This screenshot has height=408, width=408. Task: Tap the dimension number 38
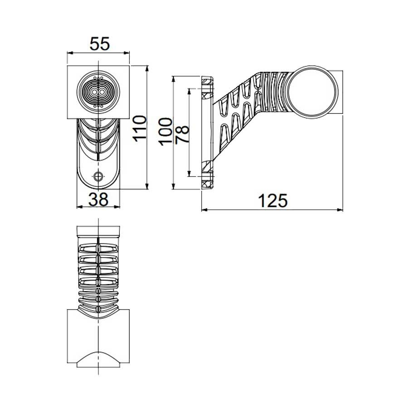coord(98,199)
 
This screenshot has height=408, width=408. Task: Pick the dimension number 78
coord(182,135)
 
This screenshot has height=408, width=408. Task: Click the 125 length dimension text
coord(273,200)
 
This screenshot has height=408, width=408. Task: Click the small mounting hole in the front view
coord(98,176)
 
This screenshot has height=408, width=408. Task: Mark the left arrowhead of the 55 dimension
coord(69,52)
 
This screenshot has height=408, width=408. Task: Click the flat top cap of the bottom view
coord(98,231)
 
